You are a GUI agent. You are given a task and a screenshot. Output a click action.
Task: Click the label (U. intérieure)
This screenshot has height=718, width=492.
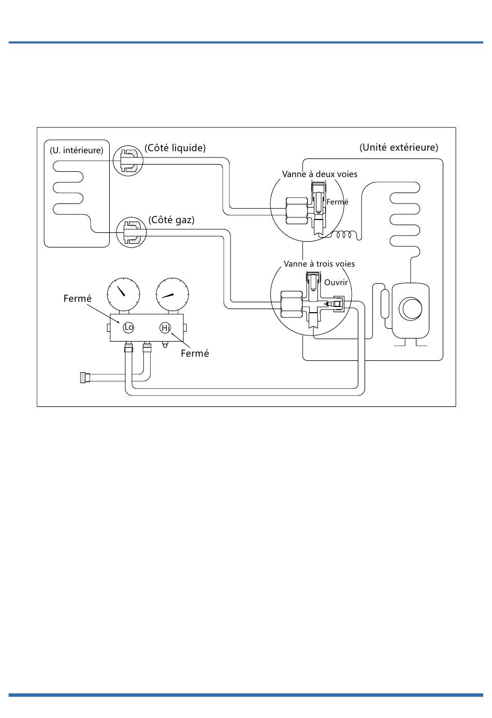pos(76,150)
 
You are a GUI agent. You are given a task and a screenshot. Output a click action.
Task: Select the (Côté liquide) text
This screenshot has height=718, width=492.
pos(175,148)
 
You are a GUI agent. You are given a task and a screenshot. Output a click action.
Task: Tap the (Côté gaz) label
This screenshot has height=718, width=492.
pos(171,220)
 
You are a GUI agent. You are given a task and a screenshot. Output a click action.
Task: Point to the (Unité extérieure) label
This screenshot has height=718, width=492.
pos(399,148)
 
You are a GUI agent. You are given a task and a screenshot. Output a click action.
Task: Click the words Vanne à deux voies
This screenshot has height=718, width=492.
pos(320,174)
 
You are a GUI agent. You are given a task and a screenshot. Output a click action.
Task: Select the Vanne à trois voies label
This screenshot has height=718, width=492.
pos(319,264)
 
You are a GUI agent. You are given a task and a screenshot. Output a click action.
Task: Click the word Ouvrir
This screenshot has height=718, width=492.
pos(336,283)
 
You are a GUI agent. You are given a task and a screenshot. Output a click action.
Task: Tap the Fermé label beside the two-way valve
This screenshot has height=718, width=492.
pos(337,202)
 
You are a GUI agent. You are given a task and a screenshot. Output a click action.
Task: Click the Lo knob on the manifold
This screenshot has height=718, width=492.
pos(128,327)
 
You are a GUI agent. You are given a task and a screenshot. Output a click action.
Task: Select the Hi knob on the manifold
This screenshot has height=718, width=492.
pos(166,328)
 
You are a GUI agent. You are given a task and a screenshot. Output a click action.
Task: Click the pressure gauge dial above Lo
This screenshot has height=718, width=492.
pos(123,294)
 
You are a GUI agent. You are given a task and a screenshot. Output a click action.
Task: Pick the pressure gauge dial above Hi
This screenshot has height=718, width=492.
pos(172,294)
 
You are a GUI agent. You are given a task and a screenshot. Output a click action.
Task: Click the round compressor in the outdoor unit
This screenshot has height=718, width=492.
pos(410,309)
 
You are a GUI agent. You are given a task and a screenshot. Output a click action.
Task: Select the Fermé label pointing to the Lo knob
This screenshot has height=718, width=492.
pos(78,298)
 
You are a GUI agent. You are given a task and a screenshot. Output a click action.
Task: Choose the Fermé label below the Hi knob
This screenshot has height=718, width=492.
pos(195,353)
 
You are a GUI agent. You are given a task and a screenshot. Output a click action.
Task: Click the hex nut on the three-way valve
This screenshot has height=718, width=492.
pos(292,304)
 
